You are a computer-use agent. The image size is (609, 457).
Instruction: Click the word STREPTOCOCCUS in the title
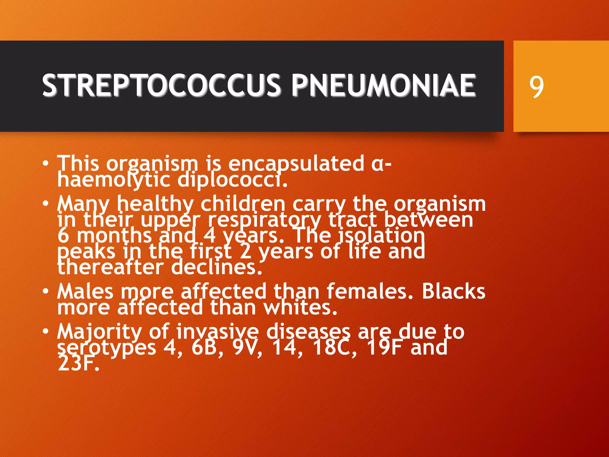tap(161, 85)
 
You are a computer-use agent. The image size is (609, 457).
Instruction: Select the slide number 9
tap(536, 86)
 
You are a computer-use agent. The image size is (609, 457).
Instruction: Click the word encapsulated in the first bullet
tap(296, 164)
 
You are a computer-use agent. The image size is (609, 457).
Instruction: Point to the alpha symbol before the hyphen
tap(378, 165)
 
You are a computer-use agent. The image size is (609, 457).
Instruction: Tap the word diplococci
tap(233, 180)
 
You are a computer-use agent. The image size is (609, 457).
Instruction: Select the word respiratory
tap(264, 220)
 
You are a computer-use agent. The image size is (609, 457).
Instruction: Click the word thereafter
tap(110, 267)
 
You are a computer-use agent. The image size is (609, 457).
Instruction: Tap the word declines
tap(217, 267)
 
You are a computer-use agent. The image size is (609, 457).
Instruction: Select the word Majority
tap(99, 332)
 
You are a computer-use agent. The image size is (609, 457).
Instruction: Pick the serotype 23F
tap(78, 363)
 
